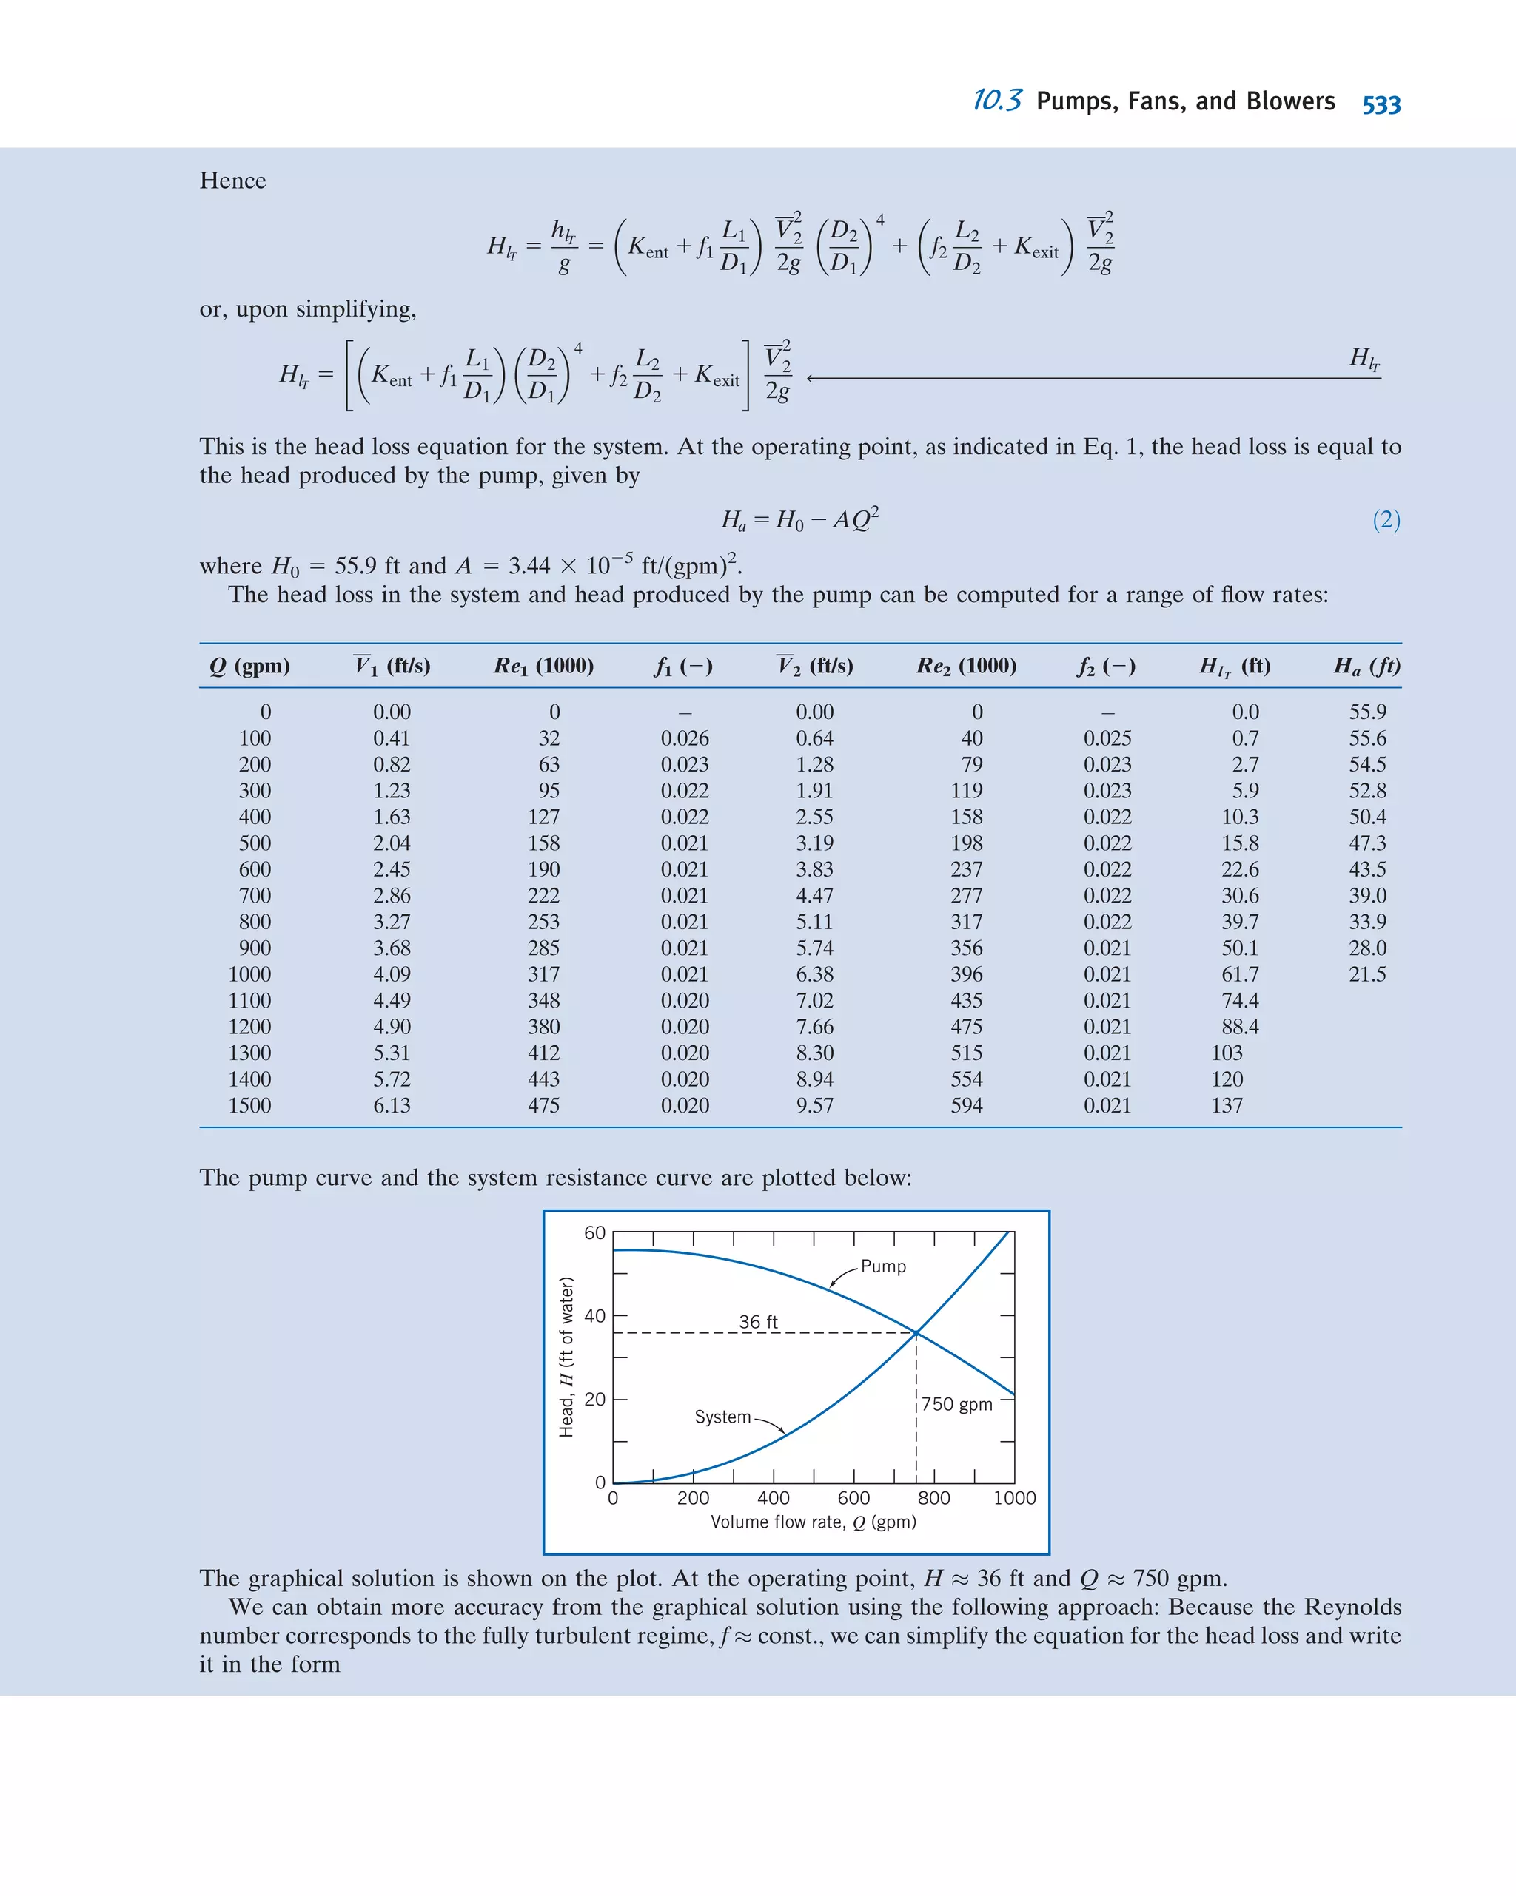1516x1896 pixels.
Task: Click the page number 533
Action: [1381, 104]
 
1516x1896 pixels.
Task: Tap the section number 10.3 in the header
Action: [997, 101]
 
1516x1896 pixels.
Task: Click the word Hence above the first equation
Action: [232, 181]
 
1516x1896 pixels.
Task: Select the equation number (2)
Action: [1386, 520]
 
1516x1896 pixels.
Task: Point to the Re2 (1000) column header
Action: [966, 666]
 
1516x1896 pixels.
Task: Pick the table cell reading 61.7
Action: [1239, 974]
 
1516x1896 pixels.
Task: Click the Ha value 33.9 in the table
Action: [1367, 922]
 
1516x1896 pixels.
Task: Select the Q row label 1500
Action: [250, 1105]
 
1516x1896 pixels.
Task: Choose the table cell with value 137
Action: [1227, 1105]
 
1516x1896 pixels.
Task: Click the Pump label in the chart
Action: [882, 1266]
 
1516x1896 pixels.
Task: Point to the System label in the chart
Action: [722, 1417]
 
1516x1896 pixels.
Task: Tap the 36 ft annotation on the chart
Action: [757, 1322]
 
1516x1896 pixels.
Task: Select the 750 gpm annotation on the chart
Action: [956, 1404]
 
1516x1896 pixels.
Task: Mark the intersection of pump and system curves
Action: [916, 1333]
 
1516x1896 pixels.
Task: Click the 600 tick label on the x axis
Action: [853, 1497]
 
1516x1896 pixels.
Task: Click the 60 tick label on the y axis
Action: [595, 1233]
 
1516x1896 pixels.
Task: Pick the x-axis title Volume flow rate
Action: [813, 1522]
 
